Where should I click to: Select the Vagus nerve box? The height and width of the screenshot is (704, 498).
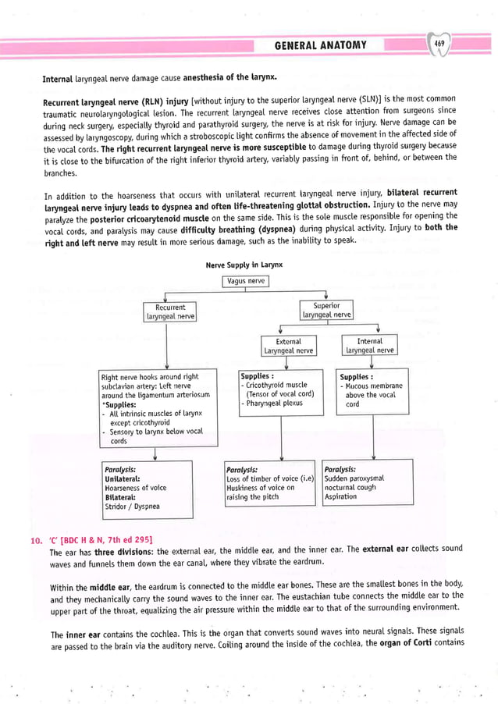[245, 281]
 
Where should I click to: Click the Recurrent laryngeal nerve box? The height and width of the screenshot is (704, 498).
[170, 312]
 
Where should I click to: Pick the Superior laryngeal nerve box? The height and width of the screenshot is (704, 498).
[326, 310]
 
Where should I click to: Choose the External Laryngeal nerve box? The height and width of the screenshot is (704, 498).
[288, 346]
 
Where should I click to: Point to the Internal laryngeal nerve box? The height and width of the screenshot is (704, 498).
[369, 346]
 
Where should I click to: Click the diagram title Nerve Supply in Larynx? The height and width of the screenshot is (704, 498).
[245, 265]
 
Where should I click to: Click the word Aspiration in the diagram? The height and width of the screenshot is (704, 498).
[341, 496]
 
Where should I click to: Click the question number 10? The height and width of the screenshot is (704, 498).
[35, 540]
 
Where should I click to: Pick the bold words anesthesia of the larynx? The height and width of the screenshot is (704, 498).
[229, 79]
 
